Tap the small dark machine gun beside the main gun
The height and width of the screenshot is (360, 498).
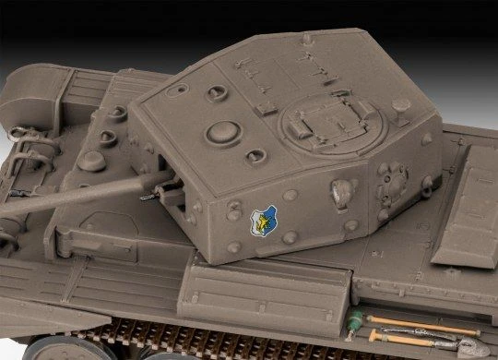[148, 197]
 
